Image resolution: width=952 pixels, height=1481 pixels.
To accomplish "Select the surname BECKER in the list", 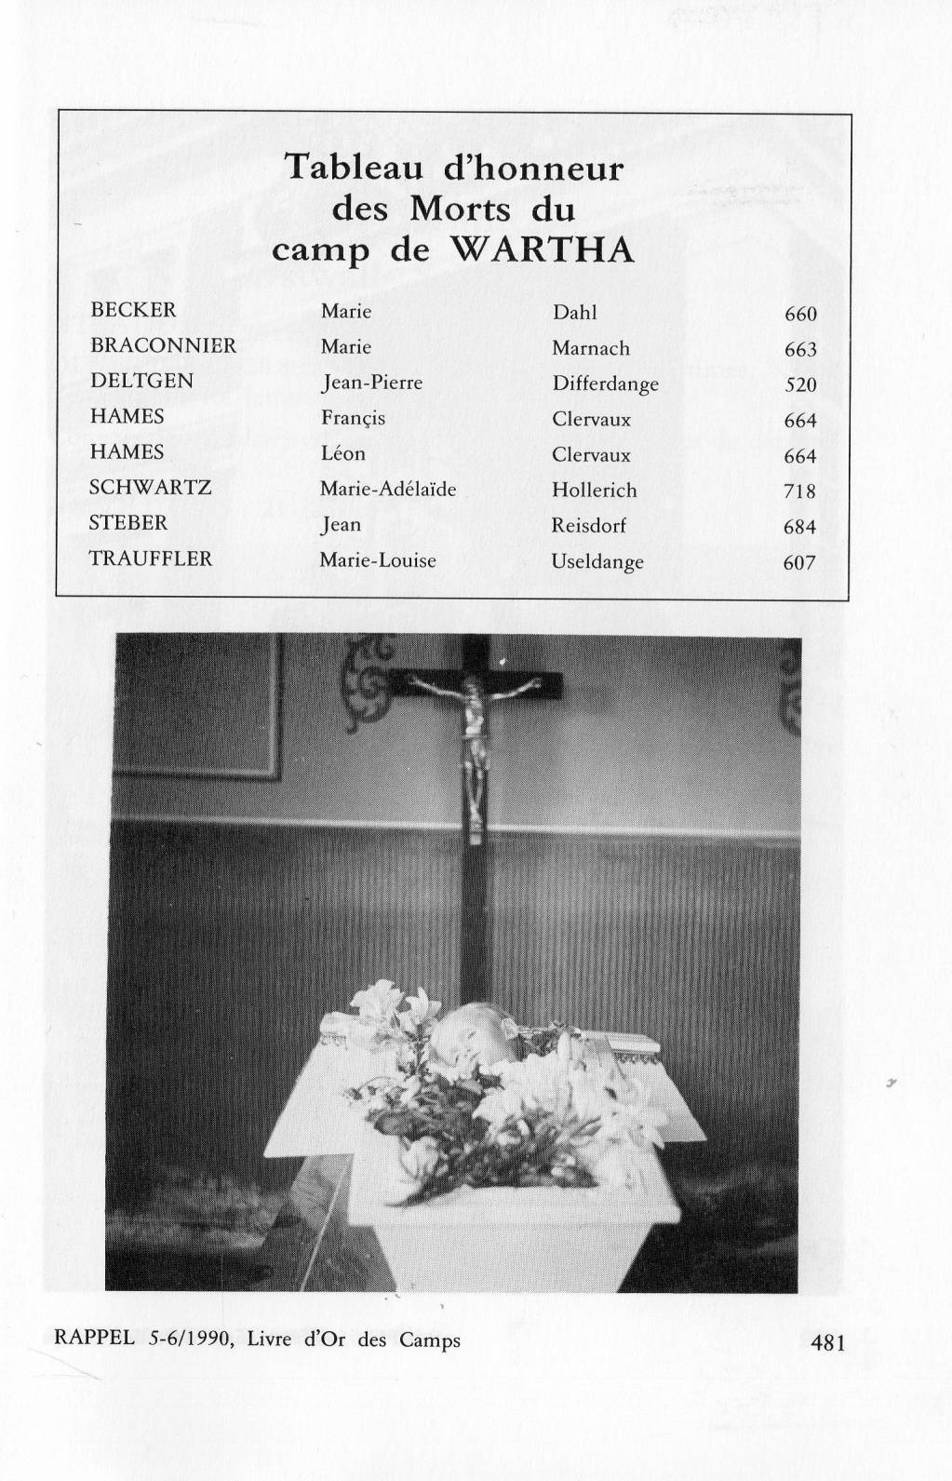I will pos(133,310).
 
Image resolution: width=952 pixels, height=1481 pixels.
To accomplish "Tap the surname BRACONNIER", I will pos(163,345).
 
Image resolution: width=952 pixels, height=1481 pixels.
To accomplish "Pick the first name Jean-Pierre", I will pos(371,383).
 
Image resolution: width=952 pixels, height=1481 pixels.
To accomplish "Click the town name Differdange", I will pos(605,384).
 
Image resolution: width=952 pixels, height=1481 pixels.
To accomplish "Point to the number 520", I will pos(800,385).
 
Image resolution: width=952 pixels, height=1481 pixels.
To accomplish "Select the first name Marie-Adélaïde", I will pos(388,490).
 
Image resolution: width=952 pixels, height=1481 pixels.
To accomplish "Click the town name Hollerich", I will pos(594,490).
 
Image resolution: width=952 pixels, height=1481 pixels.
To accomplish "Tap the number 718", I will pos(799,491).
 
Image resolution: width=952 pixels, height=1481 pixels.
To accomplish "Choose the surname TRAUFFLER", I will pos(151,559).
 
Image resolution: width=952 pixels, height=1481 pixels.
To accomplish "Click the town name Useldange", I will pos(597,562).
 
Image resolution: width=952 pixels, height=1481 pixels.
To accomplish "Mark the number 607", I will pos(799,562).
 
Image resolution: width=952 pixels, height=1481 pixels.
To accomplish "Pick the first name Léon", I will pos(343,453).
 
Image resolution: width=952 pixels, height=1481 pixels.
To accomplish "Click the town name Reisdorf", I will pos(588,525).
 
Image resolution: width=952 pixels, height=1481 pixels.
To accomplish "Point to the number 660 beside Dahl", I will pos(800,314).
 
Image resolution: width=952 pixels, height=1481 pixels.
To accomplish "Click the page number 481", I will pos(827,1342).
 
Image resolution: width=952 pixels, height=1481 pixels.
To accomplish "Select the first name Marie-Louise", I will pos(378,559).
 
